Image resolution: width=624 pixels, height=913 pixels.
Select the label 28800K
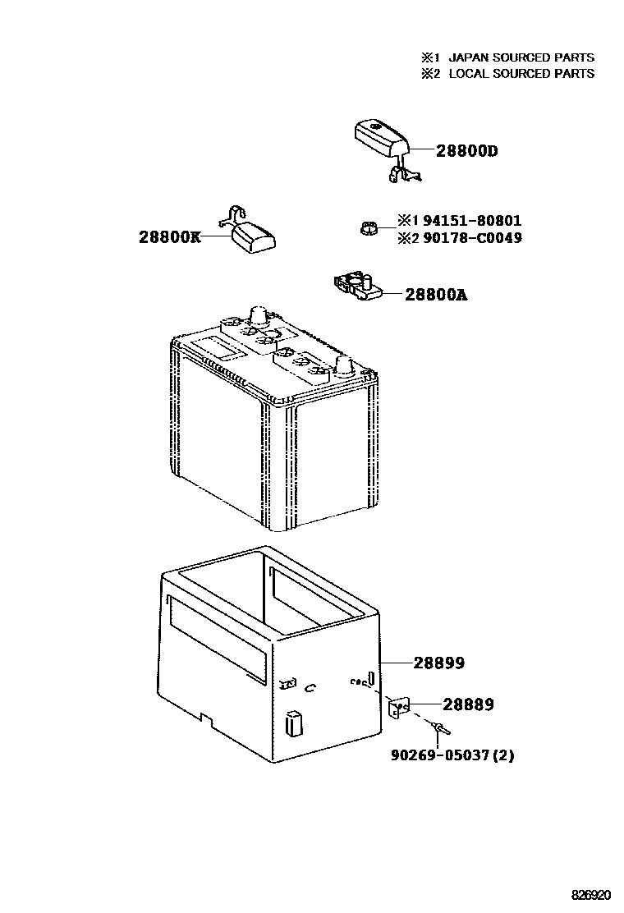[169, 237]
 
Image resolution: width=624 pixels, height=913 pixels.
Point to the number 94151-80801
[469, 221]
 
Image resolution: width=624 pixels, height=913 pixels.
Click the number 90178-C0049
[469, 238]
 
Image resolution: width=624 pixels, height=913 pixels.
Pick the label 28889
[468, 704]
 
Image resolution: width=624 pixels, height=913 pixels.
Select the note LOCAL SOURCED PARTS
[521, 73]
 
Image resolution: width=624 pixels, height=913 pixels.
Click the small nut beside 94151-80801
[369, 228]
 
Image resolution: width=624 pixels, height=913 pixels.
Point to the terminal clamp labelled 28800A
[358, 286]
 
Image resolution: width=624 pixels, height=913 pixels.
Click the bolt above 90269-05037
[438, 729]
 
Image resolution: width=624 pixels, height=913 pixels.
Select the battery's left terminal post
[257, 315]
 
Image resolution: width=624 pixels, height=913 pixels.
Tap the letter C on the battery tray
[310, 688]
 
